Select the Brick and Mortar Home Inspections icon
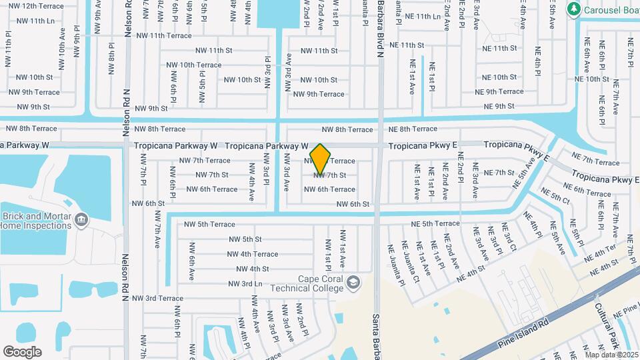pos(81,219)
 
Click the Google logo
pos(22,352)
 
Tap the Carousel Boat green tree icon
pos(573,9)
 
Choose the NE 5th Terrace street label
pos(435,224)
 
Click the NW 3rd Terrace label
pos(157,299)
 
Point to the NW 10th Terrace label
pos(195,65)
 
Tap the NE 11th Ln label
pos(423,16)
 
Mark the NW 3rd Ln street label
pos(245,283)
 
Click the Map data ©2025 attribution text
pos(611,355)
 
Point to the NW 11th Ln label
pos(36,21)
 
